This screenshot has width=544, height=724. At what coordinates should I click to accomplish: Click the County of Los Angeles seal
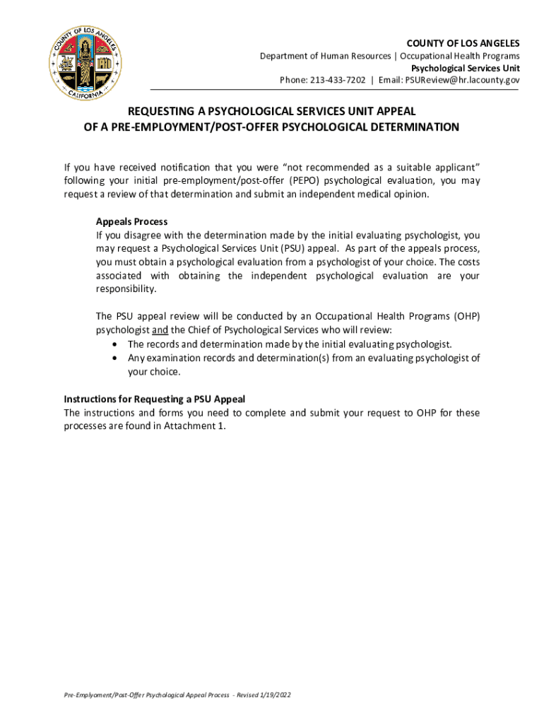coord(85,66)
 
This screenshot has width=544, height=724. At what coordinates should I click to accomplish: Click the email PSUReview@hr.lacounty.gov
coord(462,80)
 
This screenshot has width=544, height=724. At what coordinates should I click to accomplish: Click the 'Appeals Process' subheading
coord(131,221)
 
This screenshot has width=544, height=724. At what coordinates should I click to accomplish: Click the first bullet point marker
coord(115,344)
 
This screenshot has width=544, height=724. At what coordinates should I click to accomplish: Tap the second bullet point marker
coord(115,358)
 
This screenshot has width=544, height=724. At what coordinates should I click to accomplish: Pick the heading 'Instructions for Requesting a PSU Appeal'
coord(154,399)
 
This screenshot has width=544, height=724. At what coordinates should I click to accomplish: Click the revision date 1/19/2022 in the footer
coord(274,695)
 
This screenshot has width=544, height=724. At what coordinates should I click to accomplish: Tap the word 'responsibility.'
coord(124,289)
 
